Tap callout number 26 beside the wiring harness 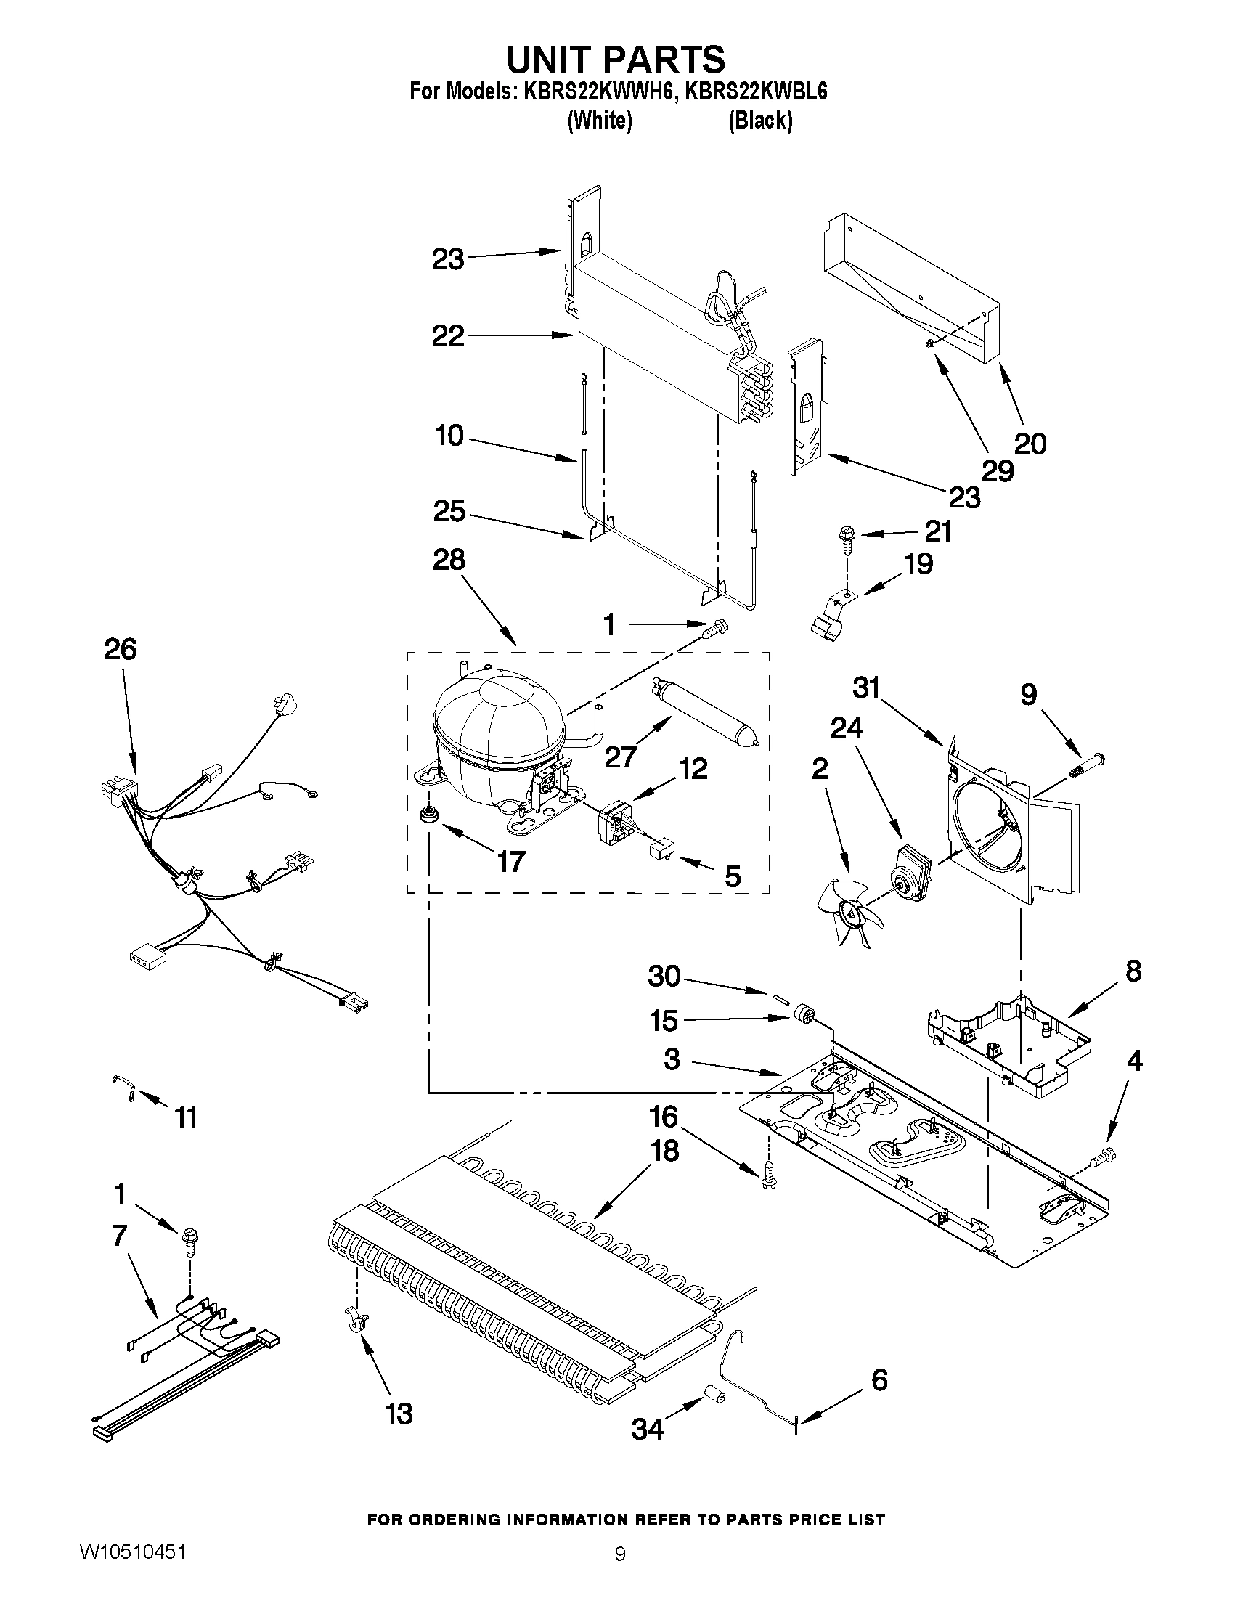[x=121, y=649]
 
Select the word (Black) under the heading [x=759, y=121]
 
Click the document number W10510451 [x=131, y=1547]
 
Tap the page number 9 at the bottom [x=620, y=1549]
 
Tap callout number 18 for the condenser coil [x=664, y=1151]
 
